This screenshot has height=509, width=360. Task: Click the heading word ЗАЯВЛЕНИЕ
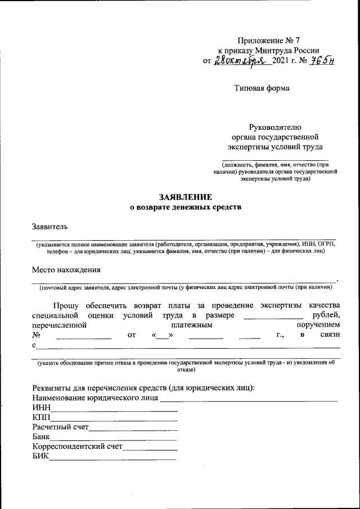pyautogui.click(x=185, y=197)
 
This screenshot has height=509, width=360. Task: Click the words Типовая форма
pyautogui.click(x=262, y=88)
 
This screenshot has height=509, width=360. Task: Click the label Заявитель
pyautogui.click(x=49, y=227)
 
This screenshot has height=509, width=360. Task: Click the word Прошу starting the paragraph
pyautogui.click(x=66, y=305)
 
